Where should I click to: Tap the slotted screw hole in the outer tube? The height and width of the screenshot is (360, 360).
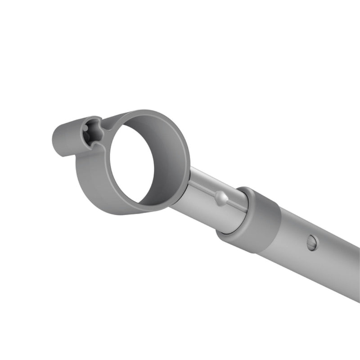311,243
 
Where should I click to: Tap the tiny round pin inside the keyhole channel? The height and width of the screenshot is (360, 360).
85,130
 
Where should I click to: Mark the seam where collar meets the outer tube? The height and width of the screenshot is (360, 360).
277,225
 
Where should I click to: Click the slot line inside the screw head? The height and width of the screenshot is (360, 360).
311,243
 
